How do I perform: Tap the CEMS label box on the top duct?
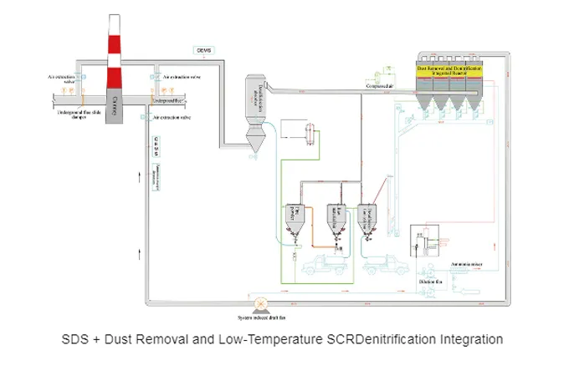[204, 50]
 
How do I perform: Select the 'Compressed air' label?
[380, 85]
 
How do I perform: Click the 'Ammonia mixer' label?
[465, 263]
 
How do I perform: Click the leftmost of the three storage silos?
[295, 218]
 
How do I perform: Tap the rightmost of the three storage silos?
[367, 219]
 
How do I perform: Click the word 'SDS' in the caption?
[76, 340]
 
